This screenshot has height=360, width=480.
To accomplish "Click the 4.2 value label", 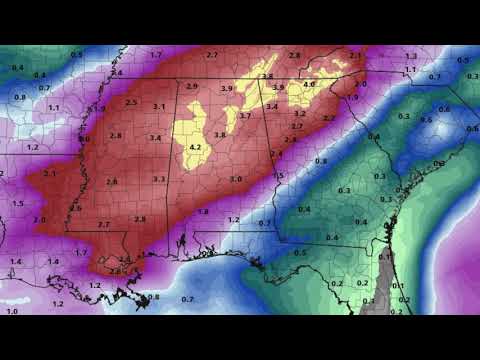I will tap(195, 148).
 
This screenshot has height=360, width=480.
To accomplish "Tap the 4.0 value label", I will tap(309, 85).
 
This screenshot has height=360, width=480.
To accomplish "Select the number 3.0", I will tap(236, 179).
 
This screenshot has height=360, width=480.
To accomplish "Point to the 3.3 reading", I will tap(159, 179).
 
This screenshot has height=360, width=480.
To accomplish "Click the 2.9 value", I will tap(192, 87).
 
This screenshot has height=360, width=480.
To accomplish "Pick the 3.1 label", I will tap(159, 106).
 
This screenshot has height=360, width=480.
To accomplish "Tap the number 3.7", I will tap(245, 116).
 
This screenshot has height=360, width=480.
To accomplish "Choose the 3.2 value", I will tap(300, 114).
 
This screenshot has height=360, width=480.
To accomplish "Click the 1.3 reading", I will tap(411, 56).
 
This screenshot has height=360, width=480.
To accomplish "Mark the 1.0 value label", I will tap(11, 312).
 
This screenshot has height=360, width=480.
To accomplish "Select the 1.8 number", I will tap(203, 211).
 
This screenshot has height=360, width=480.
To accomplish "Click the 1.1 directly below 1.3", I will tap(410, 70).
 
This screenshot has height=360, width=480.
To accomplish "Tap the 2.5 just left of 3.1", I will tap(132, 102).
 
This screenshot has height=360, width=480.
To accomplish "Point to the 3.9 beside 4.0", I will tap(279, 88).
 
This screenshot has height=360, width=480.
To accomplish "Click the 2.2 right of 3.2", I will tap(329, 118).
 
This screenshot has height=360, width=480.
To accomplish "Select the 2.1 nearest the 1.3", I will tap(357, 56).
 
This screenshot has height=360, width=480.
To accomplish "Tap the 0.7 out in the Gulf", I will tap(187, 299).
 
